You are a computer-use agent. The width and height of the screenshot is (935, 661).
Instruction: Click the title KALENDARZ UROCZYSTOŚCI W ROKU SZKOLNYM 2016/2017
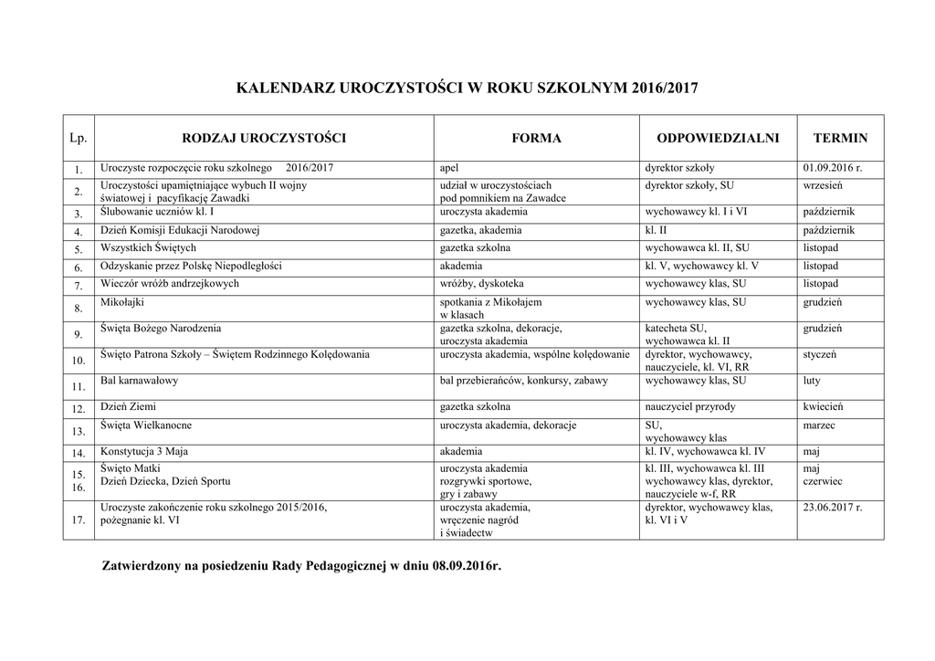pyautogui.click(x=467, y=89)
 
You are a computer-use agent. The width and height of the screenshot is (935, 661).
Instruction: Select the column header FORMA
pyautogui.click(x=536, y=138)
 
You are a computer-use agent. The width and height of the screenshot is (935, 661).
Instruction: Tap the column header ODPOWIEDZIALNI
pyautogui.click(x=718, y=138)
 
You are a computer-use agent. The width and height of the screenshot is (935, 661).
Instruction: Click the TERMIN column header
pyautogui.click(x=841, y=138)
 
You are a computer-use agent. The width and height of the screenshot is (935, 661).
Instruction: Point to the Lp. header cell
pyautogui.click(x=79, y=138)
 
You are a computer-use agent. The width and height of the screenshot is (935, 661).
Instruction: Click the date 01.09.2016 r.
pyautogui.click(x=832, y=168)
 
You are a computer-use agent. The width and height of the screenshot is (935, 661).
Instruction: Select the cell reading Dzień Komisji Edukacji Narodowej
pyautogui.click(x=181, y=230)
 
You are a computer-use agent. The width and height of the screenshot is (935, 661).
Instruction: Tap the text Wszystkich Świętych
pyautogui.click(x=148, y=247)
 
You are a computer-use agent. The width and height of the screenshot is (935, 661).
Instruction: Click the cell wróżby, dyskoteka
pyautogui.click(x=481, y=284)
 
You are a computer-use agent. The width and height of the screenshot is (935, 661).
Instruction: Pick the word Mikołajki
pyautogui.click(x=122, y=302)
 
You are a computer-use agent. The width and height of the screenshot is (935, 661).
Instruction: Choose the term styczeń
pyautogui.click(x=820, y=353)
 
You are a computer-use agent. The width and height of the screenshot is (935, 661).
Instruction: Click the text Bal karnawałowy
pyautogui.click(x=139, y=380)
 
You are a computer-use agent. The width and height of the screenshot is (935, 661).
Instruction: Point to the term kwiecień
pyautogui.click(x=823, y=406)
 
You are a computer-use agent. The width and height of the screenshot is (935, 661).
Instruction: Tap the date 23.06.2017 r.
pyautogui.click(x=832, y=507)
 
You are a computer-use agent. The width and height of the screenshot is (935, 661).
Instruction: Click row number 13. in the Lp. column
pyautogui.click(x=79, y=431)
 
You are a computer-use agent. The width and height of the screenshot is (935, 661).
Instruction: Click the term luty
pyautogui.click(x=812, y=380)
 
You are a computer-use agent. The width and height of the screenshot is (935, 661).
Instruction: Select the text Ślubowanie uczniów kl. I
pyautogui.click(x=157, y=212)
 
